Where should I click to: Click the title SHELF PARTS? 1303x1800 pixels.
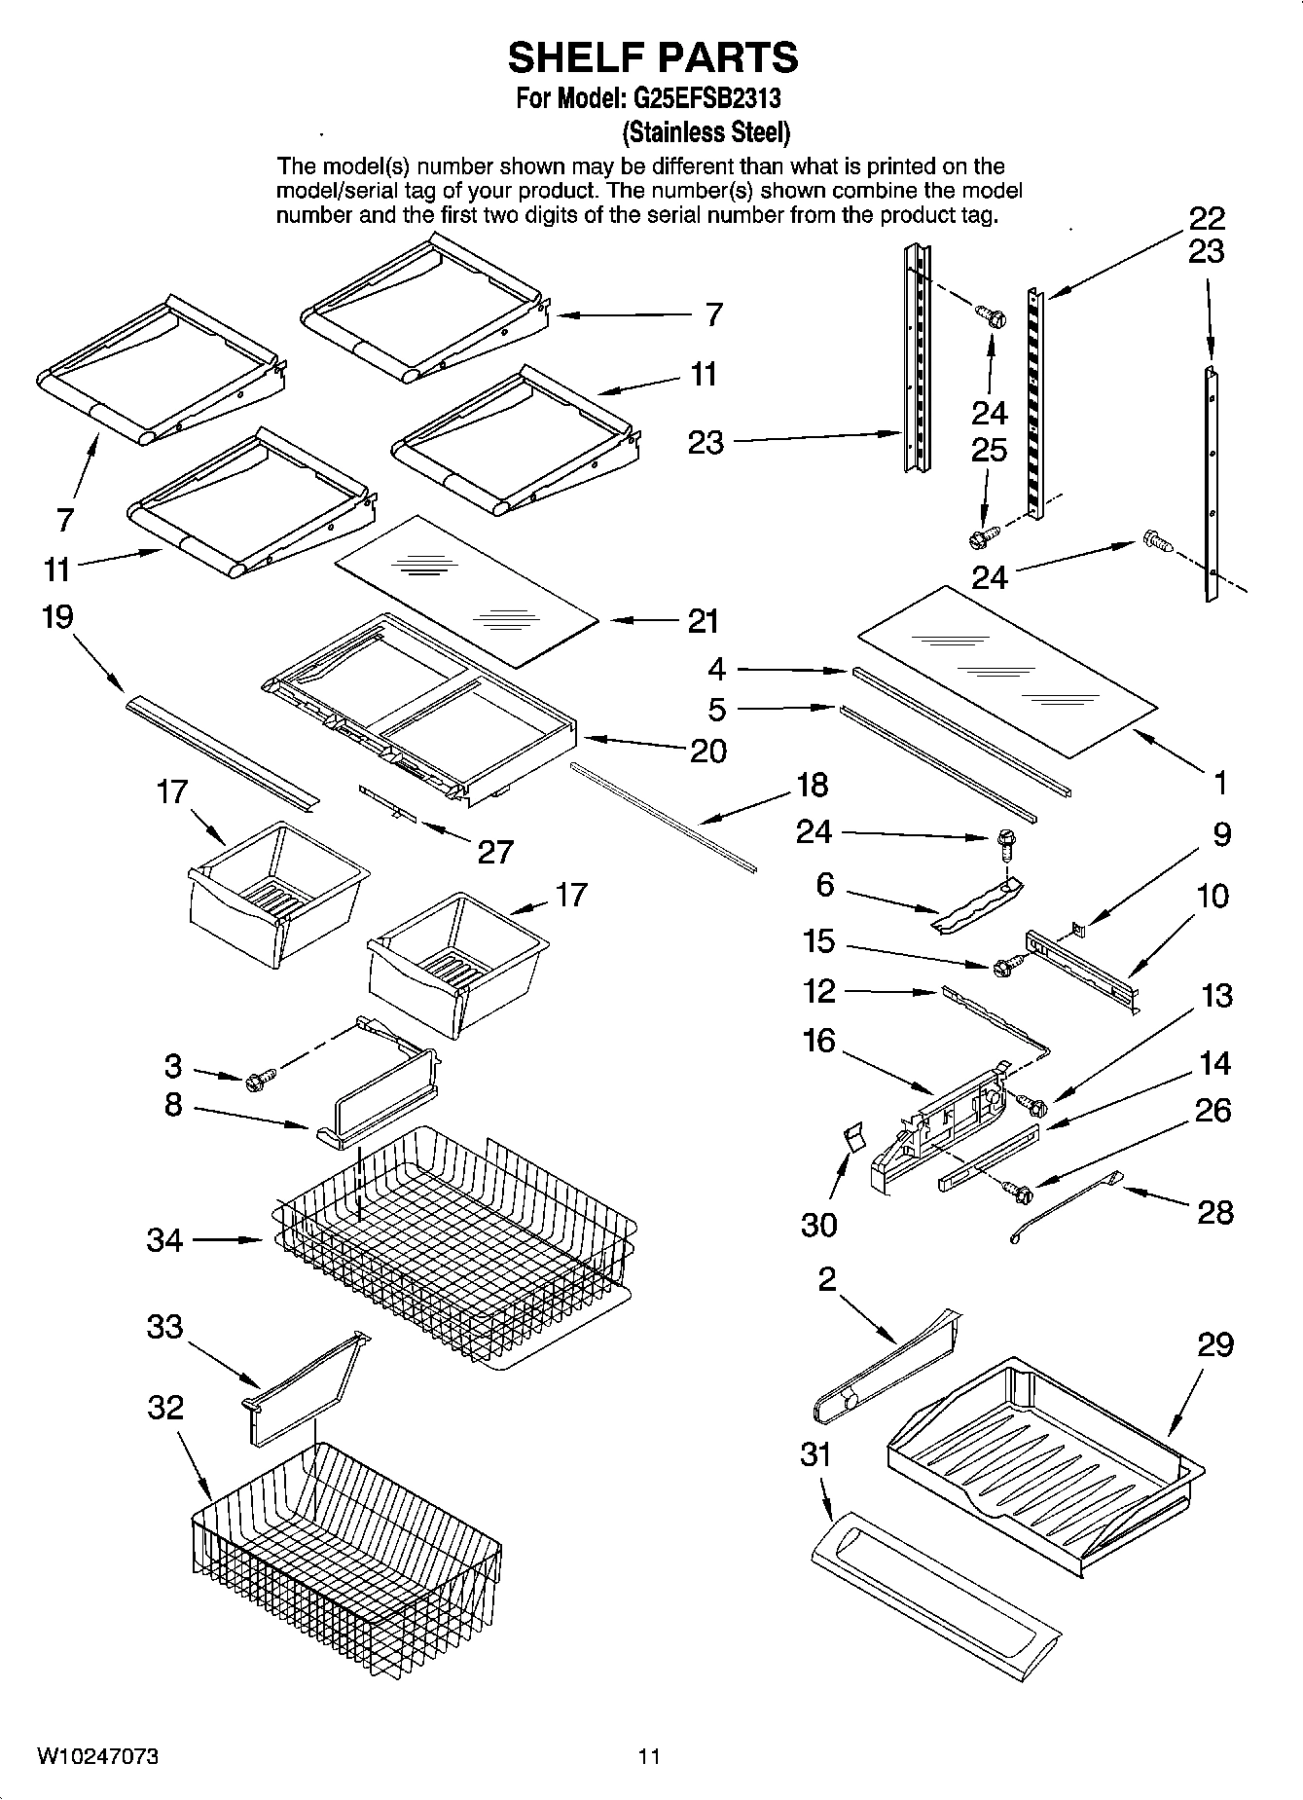(x=652, y=58)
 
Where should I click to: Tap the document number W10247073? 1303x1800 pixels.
(x=98, y=1756)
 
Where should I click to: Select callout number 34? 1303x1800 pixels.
(x=164, y=1240)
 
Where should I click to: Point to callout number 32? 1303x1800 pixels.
(x=164, y=1408)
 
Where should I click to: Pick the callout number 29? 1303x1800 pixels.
(x=1215, y=1345)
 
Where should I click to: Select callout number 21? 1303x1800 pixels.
(x=703, y=621)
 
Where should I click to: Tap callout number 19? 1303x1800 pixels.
(x=57, y=617)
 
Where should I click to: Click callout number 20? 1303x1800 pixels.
(x=707, y=751)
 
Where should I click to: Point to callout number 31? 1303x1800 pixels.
(x=815, y=1454)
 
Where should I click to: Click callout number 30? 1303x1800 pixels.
(x=818, y=1224)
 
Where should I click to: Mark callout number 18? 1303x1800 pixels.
(x=812, y=784)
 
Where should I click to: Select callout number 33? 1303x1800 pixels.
(x=164, y=1326)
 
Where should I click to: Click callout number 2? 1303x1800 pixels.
(x=826, y=1279)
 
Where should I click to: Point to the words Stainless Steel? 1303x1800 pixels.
(x=706, y=131)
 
